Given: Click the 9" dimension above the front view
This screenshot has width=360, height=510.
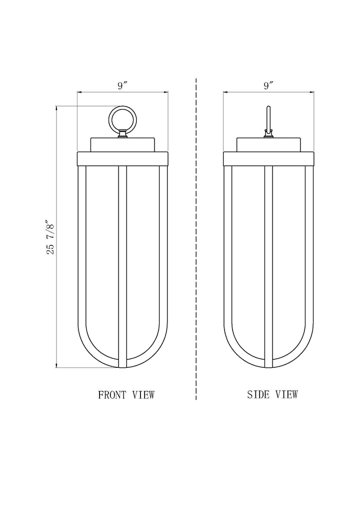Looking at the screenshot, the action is tap(122, 86).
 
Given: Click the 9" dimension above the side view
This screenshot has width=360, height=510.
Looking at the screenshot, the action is tap(268, 86).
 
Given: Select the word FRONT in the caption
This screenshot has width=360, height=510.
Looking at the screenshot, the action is tap(112, 394).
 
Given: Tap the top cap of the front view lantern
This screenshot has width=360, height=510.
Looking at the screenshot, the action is tap(122, 145).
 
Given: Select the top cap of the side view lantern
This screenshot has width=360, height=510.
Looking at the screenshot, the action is tap(268, 145).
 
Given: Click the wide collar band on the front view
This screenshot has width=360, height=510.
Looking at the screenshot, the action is tap(122, 159).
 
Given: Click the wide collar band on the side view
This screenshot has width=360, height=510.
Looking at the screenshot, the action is tap(268, 159).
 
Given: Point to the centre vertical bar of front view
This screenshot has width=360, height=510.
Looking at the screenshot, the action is tap(122, 267).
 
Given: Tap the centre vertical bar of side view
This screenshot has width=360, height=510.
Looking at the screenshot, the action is tap(268, 267).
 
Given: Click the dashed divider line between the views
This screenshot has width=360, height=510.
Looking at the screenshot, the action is tap(196, 239).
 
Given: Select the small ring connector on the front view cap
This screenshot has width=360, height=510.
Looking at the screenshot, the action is tap(122, 134).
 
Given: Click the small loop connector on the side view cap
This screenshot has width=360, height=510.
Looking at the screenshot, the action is tap(268, 133).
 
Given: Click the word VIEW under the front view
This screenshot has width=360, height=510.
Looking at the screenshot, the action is tap(143, 394).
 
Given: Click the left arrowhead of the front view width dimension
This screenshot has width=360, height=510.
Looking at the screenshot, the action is tap(79, 93).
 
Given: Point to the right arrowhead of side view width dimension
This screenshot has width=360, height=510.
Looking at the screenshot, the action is tap(312, 93).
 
